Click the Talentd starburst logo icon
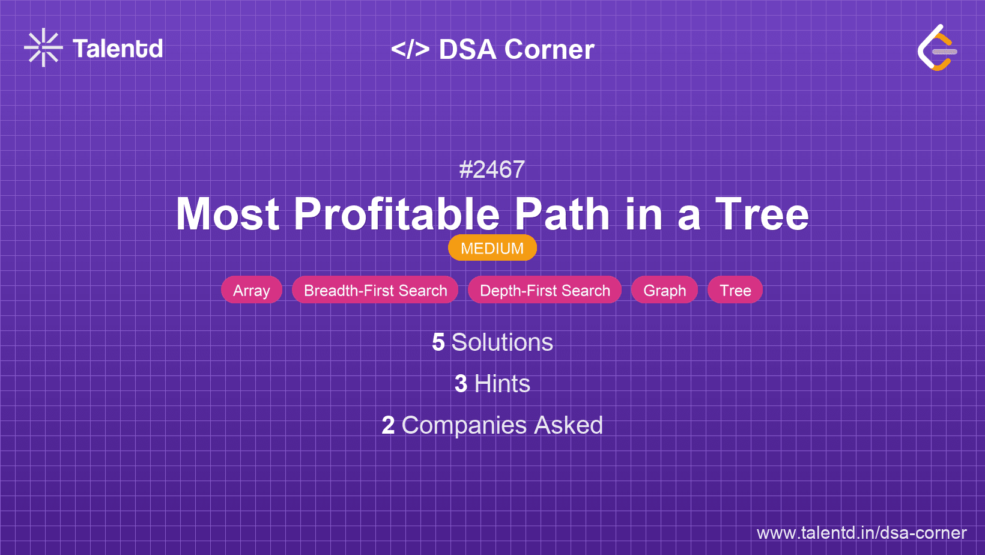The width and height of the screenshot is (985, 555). tap(43, 47)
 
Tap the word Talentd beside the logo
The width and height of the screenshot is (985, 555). tap(118, 49)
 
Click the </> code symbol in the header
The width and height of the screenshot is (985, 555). tap(410, 49)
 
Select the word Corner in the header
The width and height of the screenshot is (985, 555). tap(549, 49)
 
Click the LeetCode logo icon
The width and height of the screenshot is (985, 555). tap(937, 47)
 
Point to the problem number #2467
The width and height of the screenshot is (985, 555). tap(492, 169)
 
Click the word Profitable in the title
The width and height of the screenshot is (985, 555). tap(396, 214)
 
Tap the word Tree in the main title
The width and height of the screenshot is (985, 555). tap(762, 214)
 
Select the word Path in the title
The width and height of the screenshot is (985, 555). tap(562, 214)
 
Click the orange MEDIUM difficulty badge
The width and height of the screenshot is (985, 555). tap(492, 248)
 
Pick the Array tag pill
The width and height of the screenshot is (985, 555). tap(252, 290)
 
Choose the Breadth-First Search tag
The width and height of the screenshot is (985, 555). tap(375, 290)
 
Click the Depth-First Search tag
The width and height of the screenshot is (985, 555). tap(545, 290)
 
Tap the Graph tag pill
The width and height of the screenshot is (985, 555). tap(664, 290)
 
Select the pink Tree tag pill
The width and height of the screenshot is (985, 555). tap(735, 290)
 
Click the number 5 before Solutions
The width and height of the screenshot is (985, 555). tap(438, 342)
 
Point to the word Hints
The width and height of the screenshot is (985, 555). tap(502, 384)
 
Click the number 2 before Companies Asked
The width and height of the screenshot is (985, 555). tap(388, 425)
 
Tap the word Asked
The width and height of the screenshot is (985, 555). tap(568, 425)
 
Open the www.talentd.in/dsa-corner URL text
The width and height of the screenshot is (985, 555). tap(861, 533)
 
